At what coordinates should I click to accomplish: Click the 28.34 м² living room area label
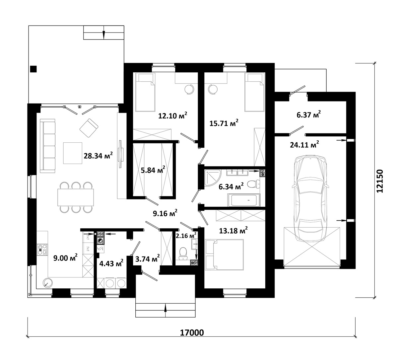tap(98, 156)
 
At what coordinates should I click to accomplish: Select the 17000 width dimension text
tap(192, 332)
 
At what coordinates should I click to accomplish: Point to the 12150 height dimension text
tap(380, 181)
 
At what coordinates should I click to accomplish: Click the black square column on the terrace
tap(33, 69)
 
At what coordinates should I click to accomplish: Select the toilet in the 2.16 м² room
tap(183, 253)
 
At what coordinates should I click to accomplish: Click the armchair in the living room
tap(89, 128)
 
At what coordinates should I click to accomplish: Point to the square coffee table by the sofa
tap(73, 153)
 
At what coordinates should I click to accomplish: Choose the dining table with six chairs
tap(76, 197)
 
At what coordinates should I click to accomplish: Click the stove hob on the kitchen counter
tap(42, 250)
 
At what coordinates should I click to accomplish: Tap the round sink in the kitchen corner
tap(48, 283)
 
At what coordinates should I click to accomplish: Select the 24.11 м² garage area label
tap(304, 145)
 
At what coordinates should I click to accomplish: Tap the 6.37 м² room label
tap(309, 114)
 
